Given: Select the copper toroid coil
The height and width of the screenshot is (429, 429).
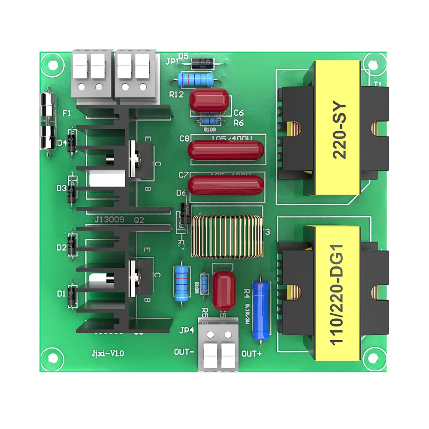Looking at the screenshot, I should click(227, 237).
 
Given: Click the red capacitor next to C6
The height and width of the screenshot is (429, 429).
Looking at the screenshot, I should click(210, 102).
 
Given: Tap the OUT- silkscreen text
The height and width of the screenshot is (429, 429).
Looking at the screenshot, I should click(185, 352).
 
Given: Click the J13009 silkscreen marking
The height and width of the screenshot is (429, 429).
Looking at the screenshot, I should click(109, 219).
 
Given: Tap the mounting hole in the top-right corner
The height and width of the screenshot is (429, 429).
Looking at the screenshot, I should click(372, 63).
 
